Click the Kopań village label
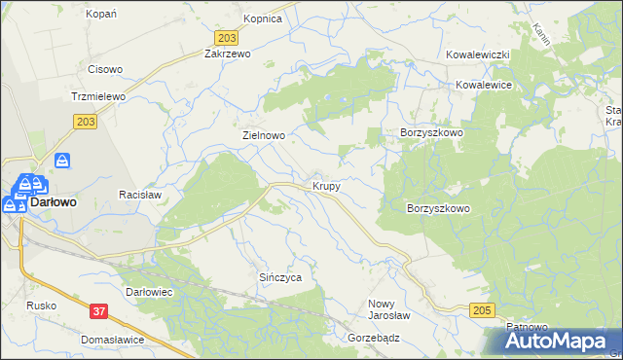(x=101, y=14)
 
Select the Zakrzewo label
(x=228, y=54)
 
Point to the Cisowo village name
(x=105, y=69)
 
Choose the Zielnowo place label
(x=263, y=136)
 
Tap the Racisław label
(x=139, y=195)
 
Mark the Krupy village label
(x=326, y=185)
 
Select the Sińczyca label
(x=279, y=277)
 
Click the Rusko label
(x=42, y=306)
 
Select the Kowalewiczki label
(x=479, y=55)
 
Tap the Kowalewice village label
(x=485, y=85)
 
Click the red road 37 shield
(x=98, y=311)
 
